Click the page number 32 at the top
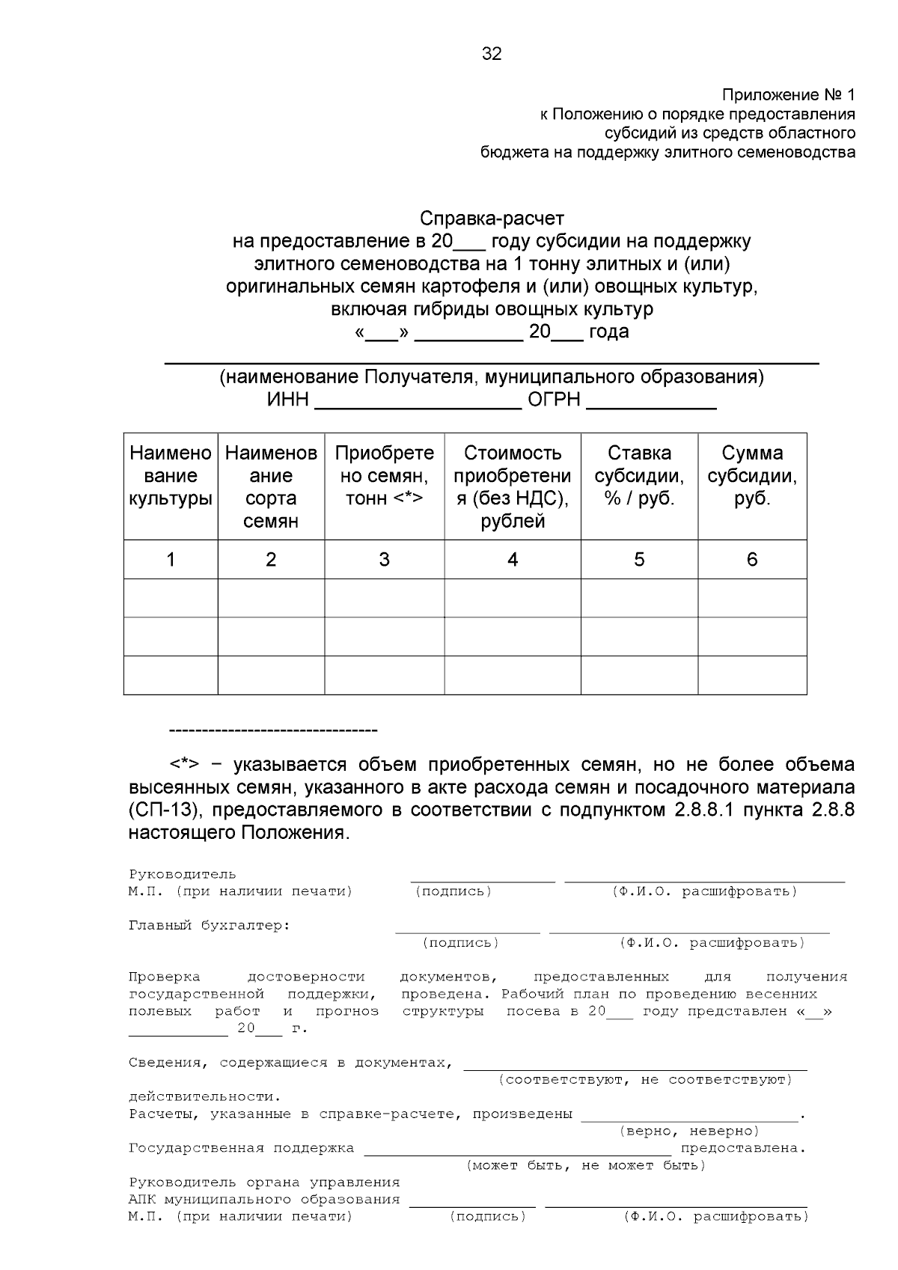pyautogui.click(x=492, y=54)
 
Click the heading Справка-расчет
pyautogui.click(x=492, y=219)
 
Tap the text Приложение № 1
pyautogui.click(x=787, y=95)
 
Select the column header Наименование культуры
pyautogui.click(x=171, y=476)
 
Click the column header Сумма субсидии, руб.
pyautogui.click(x=752, y=476)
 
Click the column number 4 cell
pyautogui.click(x=513, y=560)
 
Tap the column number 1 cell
pyautogui.click(x=171, y=560)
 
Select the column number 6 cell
pyautogui.click(x=752, y=560)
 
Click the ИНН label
pyautogui.click(x=288, y=400)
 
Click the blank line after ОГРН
pyautogui.click(x=651, y=404)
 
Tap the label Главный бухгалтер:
pyautogui.click(x=210, y=926)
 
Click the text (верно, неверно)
pyautogui.click(x=689, y=1131)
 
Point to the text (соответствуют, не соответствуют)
pyautogui.click(x=644, y=1080)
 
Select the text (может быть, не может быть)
pyautogui.click(x=586, y=1165)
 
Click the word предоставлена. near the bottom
pyautogui.click(x=742, y=1148)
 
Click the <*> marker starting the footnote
pyautogui.click(x=183, y=765)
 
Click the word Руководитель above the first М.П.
pyautogui.click(x=183, y=874)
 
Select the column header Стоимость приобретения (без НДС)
pyautogui.click(x=513, y=486)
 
